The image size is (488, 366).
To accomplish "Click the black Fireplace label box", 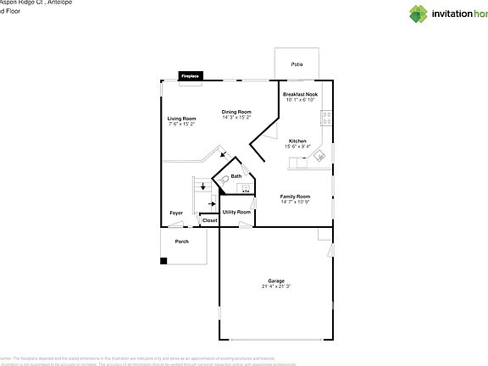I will tap(190, 76).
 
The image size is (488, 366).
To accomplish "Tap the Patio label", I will tap(297, 64).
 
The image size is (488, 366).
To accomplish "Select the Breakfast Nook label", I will tap(300, 94).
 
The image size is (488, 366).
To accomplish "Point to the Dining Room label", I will tap(236, 112).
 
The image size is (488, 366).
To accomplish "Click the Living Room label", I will tap(181, 119).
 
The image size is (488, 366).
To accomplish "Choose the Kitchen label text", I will tap(297, 141).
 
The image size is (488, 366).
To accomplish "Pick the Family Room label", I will tap(296, 196).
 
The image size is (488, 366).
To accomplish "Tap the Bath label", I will tap(236, 176).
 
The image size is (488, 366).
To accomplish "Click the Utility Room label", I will tap(236, 212).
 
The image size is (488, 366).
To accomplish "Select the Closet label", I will tap(209, 220).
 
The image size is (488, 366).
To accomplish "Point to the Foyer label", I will tap(176, 213).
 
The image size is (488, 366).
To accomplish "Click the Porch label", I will tap(182, 241).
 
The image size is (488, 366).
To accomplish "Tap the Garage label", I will tap(276, 280).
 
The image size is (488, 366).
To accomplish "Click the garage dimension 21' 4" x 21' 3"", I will tap(276, 286).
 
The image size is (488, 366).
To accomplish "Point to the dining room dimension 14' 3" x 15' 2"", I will tap(236, 118).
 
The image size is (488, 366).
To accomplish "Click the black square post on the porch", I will tap(164, 259).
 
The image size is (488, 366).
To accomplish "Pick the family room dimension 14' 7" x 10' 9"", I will tap(296, 202).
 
